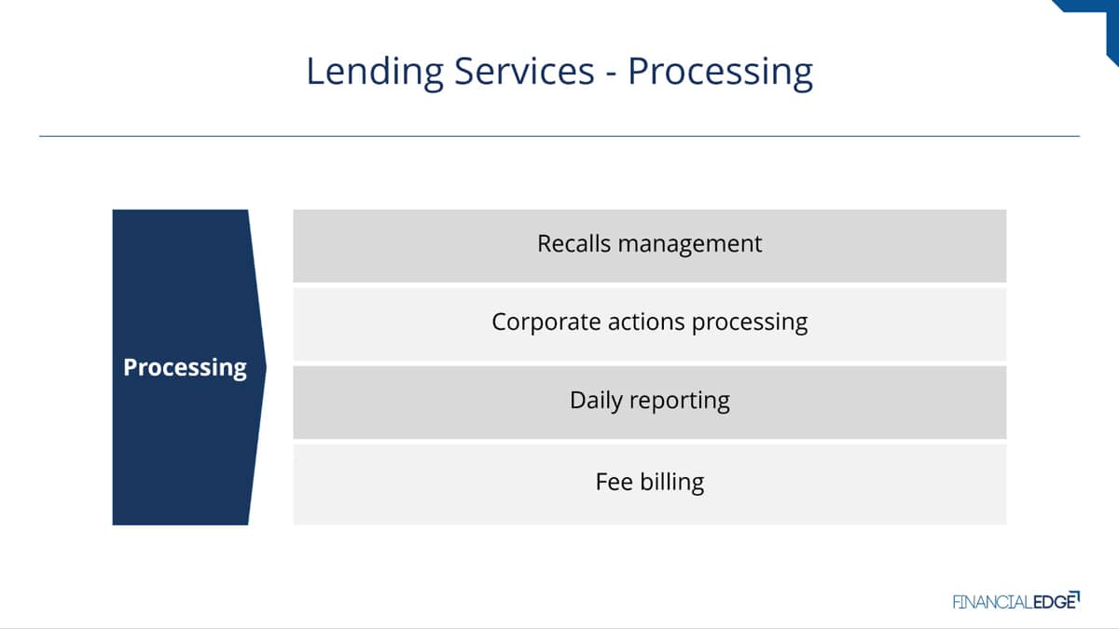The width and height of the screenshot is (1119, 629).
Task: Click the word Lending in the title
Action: pos(375,72)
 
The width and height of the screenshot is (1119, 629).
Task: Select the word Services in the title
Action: pos(524,72)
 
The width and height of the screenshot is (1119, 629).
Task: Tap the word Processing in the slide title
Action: pos(720,73)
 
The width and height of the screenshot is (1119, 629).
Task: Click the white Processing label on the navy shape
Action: pos(185,367)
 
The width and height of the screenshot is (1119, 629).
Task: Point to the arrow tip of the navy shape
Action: pos(266,367)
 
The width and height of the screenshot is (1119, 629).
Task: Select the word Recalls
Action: pos(574,243)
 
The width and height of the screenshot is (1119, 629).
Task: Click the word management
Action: pos(690,244)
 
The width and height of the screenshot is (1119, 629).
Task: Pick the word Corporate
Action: pos(546,322)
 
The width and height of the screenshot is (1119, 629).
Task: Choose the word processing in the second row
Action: pos(750,323)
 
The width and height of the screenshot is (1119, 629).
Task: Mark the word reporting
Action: pos(680,402)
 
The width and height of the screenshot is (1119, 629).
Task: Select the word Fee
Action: pos(614,482)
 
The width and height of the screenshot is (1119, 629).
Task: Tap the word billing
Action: pos(672,483)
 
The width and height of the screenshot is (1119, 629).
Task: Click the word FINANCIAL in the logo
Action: pos(992,602)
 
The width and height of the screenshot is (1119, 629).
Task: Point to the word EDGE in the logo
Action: pos(1054,602)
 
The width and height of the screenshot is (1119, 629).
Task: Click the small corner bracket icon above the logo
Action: pos(1076,595)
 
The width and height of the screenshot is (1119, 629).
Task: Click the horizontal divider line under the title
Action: pos(559,136)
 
